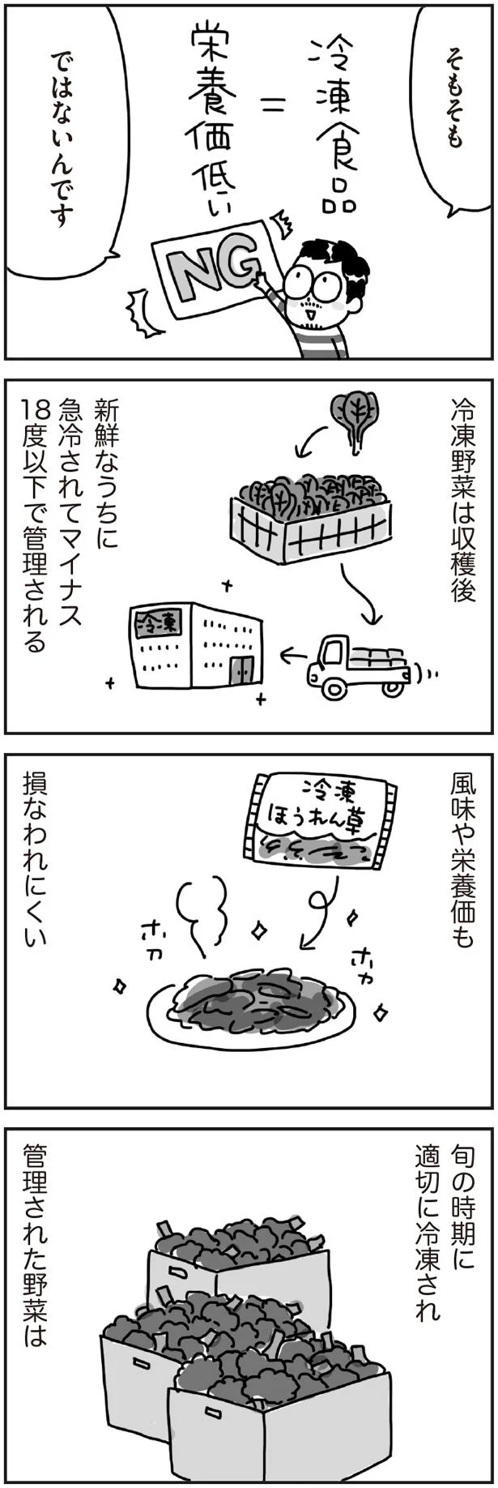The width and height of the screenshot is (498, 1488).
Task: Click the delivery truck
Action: pyautogui.click(x=360, y=665)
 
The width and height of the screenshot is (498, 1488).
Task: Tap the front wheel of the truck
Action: pyautogui.click(x=333, y=687)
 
